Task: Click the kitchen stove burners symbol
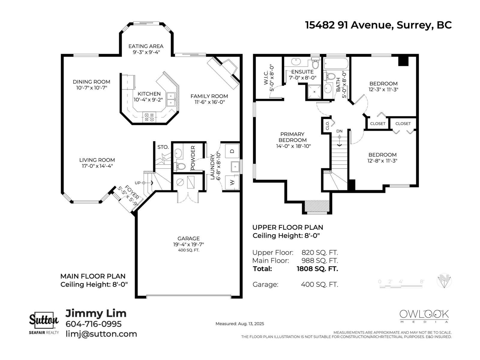(149, 117)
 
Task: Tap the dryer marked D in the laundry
(232, 151)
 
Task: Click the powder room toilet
(179, 166)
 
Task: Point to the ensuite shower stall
(314, 92)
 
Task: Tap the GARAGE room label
(188, 238)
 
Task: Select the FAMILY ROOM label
(209, 96)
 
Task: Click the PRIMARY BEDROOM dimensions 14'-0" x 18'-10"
(293, 146)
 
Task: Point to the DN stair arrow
(339, 140)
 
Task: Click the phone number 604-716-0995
(94, 324)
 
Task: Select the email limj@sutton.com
(101, 334)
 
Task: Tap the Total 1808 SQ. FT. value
(317, 268)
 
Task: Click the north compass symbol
(444, 281)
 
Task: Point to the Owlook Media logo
(424, 316)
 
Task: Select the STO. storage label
(163, 147)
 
